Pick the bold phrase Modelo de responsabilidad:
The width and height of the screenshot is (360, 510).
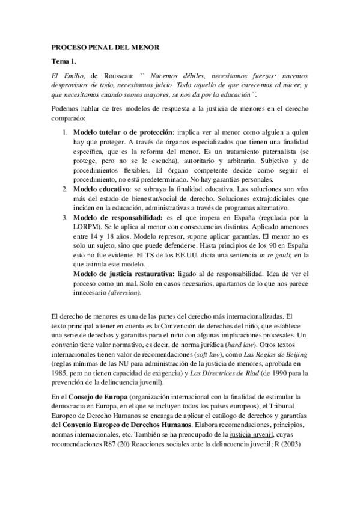(115, 218)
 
